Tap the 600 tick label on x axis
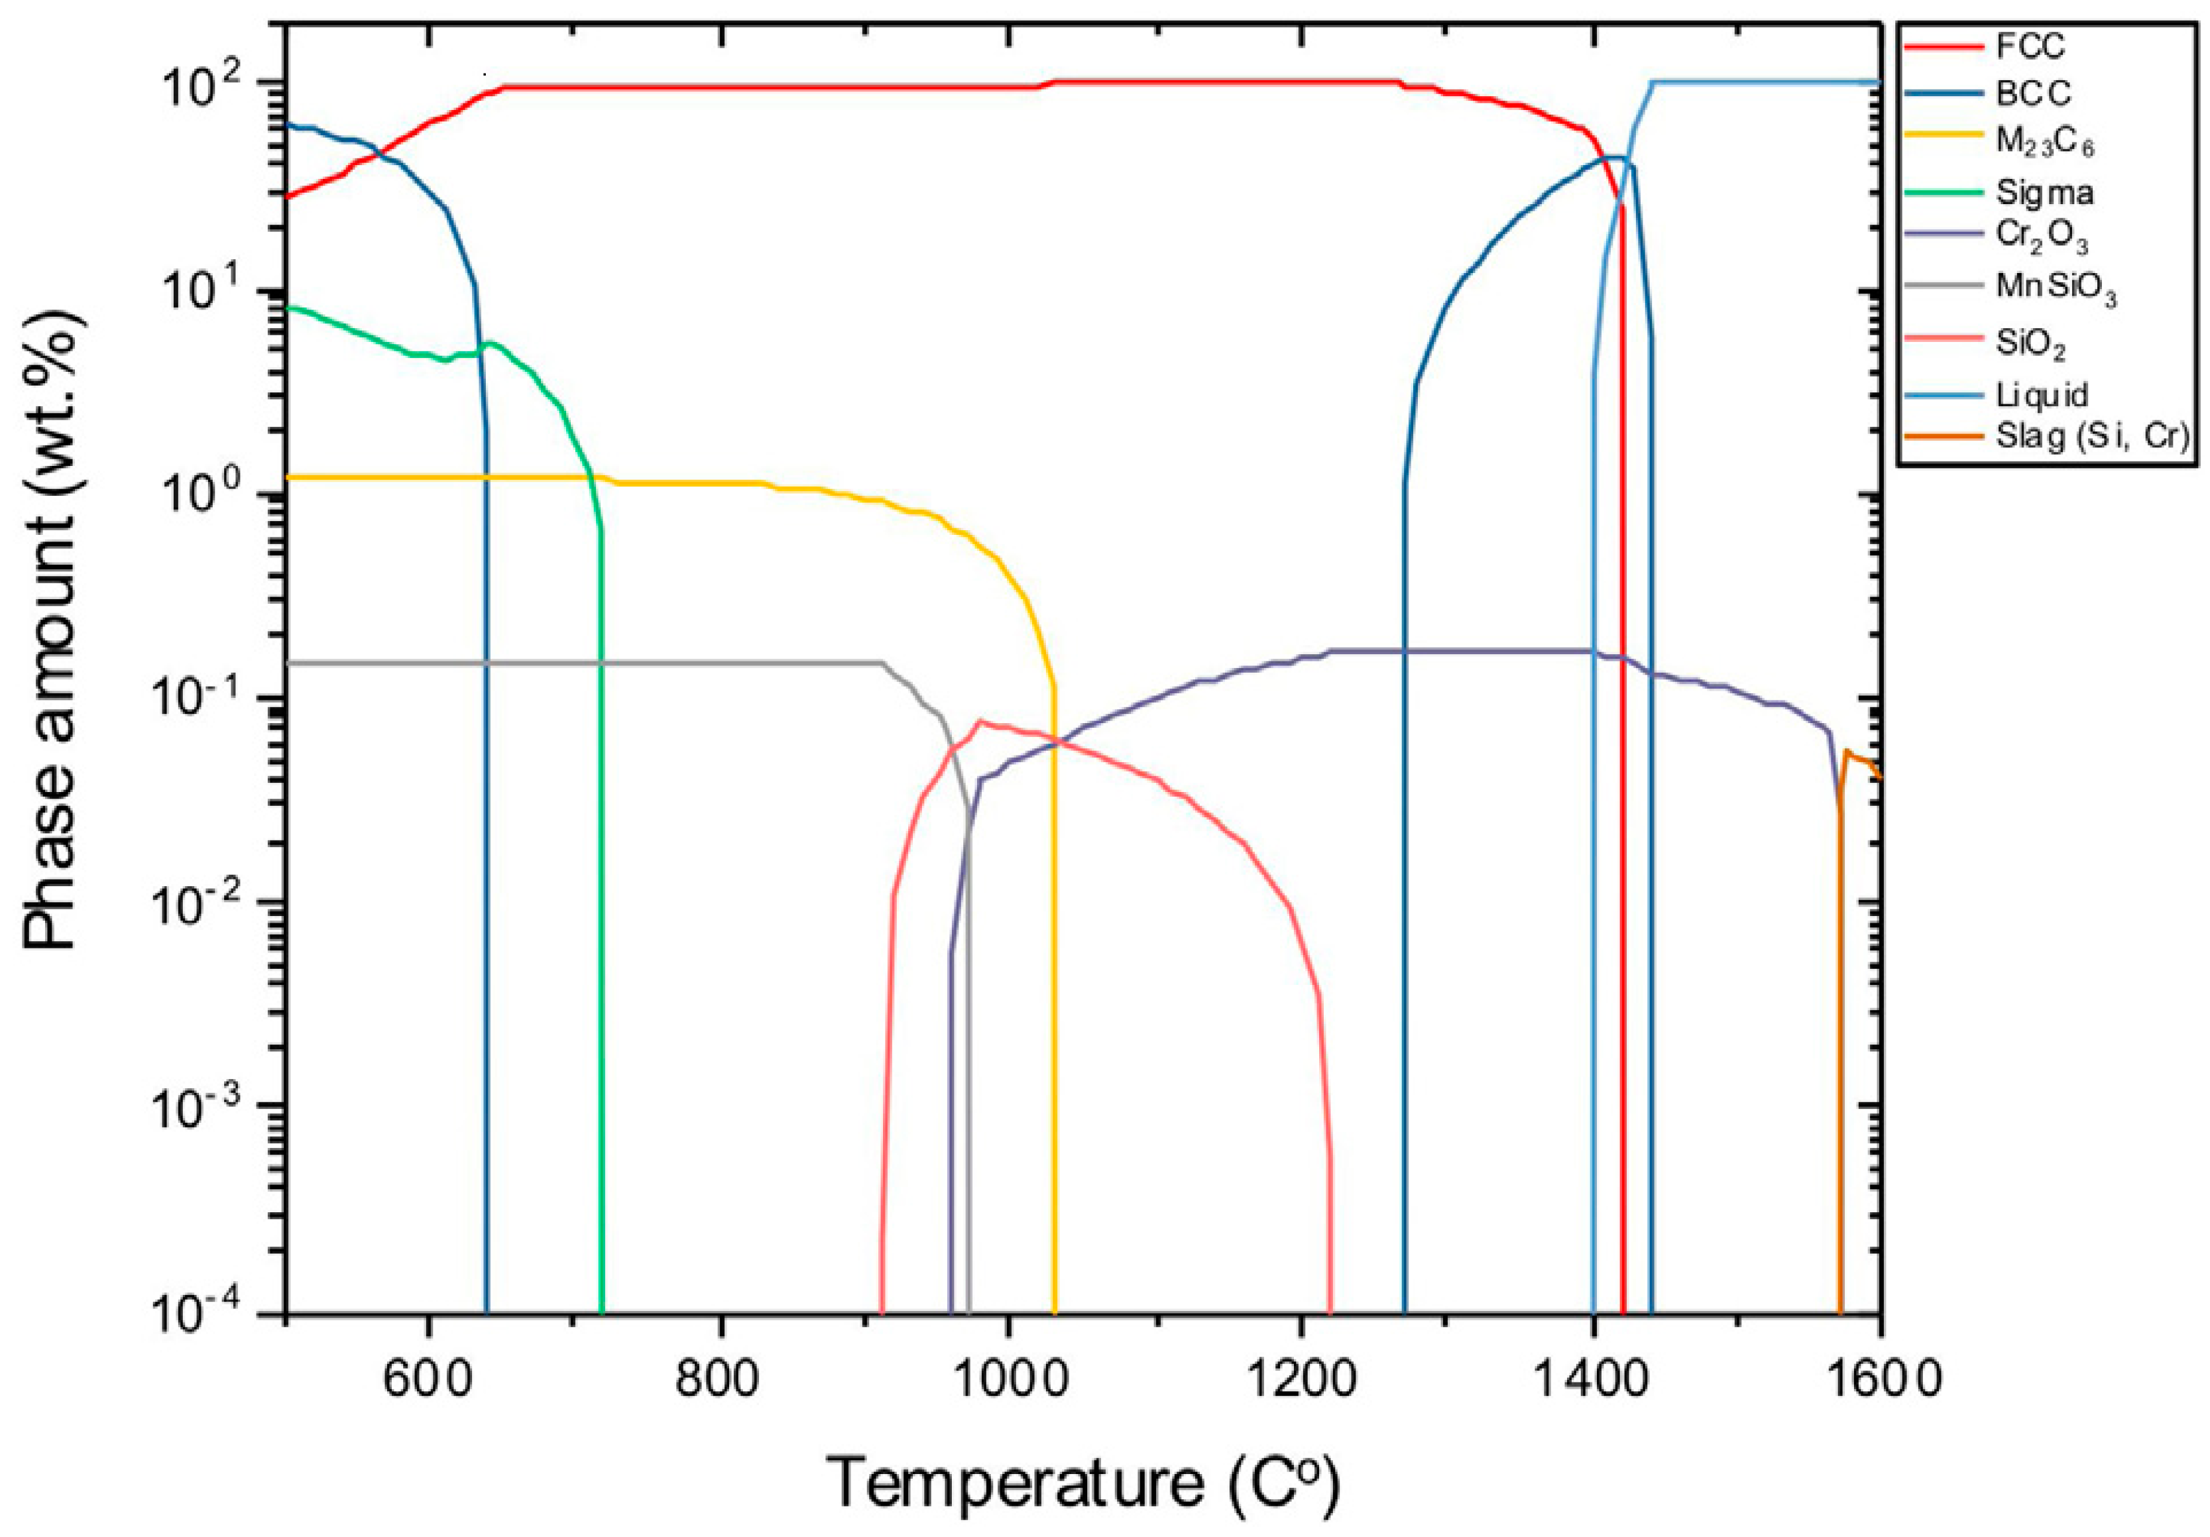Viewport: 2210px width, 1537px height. click(426, 1379)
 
